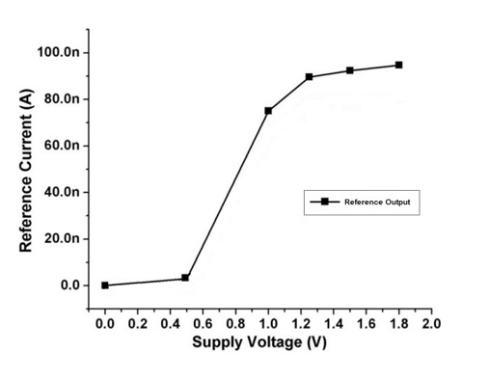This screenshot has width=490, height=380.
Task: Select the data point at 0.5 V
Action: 185,278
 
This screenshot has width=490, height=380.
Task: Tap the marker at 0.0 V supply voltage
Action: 104,285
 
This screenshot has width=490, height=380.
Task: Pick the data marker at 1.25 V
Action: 309,77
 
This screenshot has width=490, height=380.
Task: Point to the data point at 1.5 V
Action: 349,70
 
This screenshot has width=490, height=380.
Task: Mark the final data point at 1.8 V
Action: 398,65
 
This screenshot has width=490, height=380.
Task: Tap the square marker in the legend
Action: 325,202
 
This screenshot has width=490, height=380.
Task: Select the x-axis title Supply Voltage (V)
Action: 259,342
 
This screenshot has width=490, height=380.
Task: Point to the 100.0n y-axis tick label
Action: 59,52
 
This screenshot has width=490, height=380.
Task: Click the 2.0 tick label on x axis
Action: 431,324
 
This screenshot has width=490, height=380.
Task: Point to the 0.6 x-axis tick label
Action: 203,324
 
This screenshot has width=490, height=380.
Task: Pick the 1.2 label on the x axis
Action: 301,324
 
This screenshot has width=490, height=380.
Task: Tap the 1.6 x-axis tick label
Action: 366,324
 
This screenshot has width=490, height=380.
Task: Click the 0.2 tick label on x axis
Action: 137,324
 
